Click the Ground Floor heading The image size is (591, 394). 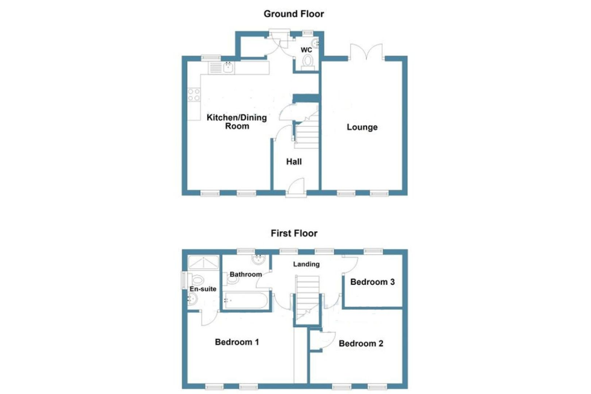tap(294, 14)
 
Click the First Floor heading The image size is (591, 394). tap(294, 233)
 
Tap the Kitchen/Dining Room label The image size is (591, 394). tap(237, 122)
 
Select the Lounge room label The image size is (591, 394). tap(362, 127)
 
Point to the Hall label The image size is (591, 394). tap(294, 162)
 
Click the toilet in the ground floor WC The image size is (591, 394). tap(308, 60)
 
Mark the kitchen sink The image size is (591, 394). tap(229, 68)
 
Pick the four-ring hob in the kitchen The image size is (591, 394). tap(194, 95)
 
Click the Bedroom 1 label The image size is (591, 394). tap(237, 342)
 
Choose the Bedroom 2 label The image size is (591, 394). tap(361, 344)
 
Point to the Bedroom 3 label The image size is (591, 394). tap(372, 282)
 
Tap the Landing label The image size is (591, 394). tap(306, 264)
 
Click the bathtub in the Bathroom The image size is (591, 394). tap(245, 301)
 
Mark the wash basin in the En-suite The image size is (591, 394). tap(193, 298)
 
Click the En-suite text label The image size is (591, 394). tap(203, 288)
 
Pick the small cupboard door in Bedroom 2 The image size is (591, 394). tap(328, 340)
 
